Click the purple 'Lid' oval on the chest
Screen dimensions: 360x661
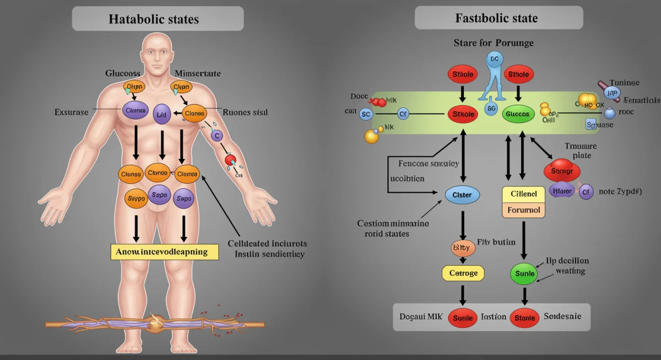point(162,114)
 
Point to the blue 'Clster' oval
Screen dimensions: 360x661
point(462,195)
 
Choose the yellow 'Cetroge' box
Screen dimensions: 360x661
point(463,272)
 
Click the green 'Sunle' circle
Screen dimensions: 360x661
point(524,273)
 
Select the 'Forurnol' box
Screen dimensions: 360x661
point(524,210)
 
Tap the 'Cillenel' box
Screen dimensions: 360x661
point(524,194)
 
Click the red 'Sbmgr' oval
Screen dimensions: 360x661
point(562,171)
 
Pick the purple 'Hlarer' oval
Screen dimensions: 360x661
point(562,190)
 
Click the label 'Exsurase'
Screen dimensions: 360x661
point(71,112)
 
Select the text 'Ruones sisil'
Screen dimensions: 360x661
point(245,112)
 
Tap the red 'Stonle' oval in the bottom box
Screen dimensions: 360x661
point(525,317)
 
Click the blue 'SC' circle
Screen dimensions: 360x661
point(366,114)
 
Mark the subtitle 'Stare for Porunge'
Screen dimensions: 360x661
point(493,42)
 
